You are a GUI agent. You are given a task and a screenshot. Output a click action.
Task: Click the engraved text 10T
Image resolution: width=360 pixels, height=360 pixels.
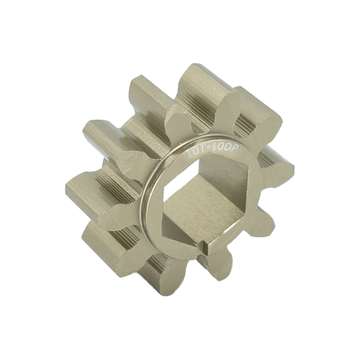coord(196,151)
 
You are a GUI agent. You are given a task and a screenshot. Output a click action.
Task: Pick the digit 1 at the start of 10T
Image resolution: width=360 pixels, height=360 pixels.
coord(189,154)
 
